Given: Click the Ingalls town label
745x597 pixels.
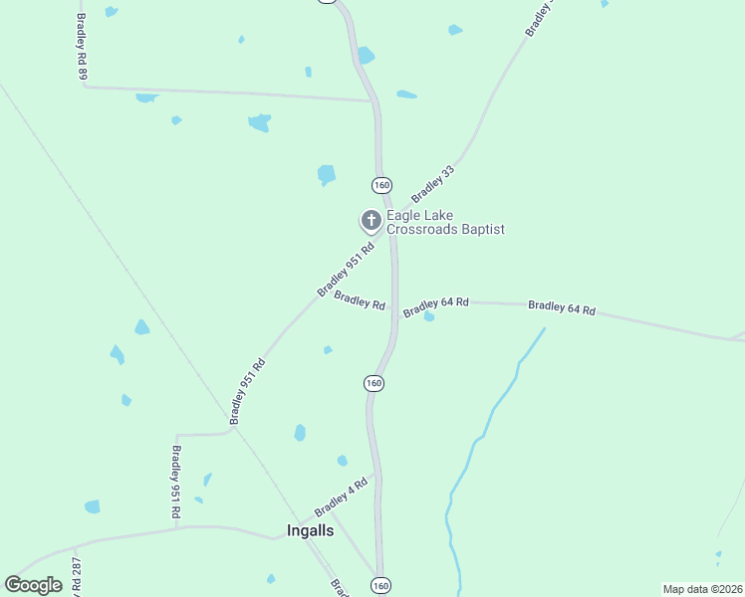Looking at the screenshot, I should [310, 530].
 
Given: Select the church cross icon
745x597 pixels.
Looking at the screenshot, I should [371, 220].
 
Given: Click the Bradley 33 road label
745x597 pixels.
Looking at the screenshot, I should [432, 184].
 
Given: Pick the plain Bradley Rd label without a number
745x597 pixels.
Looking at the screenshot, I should [360, 300].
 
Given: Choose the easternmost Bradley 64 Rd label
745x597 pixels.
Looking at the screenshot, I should [562, 308].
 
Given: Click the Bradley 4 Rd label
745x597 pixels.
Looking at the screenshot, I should [342, 497].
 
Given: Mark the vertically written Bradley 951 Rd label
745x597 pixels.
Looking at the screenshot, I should [174, 482].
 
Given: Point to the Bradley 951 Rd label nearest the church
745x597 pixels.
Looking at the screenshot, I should [345, 270].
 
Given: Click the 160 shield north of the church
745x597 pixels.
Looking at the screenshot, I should [382, 185].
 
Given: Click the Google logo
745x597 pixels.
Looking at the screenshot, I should [33, 585].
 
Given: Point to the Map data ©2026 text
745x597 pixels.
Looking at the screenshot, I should [702, 589].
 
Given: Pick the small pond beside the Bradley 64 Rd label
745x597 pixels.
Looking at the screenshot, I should [429, 316].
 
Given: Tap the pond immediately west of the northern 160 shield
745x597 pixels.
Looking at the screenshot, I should [326, 175].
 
